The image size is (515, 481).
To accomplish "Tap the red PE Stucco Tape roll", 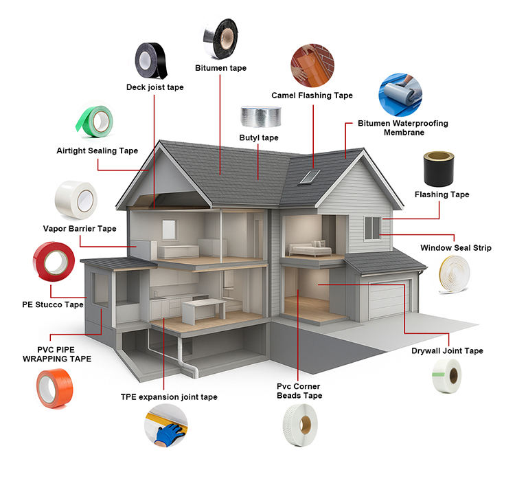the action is click(x=54, y=264).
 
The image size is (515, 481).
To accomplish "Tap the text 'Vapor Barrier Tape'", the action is click(x=80, y=229).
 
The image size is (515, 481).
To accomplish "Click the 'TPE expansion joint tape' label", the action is click(x=169, y=397).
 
